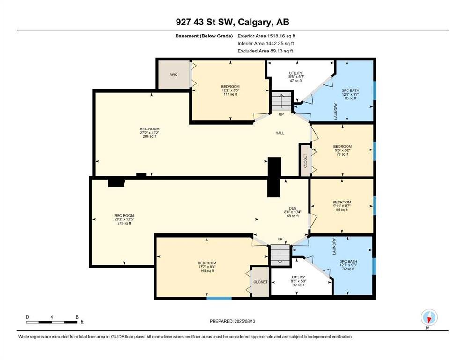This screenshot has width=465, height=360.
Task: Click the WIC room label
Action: coord(174,75)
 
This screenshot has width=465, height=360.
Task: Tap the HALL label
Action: coord(280,133)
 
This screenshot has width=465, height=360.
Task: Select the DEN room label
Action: coord(293,208)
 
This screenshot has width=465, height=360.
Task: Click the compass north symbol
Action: coord(429,318)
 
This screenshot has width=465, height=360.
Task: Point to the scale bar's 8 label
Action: coord(77,317)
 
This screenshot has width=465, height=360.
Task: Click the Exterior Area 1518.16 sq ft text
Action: coord(266,36)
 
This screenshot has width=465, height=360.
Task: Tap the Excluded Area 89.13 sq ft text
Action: coord(265,51)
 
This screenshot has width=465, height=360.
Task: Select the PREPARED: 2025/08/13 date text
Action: coord(232,321)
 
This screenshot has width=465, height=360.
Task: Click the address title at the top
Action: coord(232,22)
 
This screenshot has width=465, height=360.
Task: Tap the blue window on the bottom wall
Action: coord(219,298)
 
